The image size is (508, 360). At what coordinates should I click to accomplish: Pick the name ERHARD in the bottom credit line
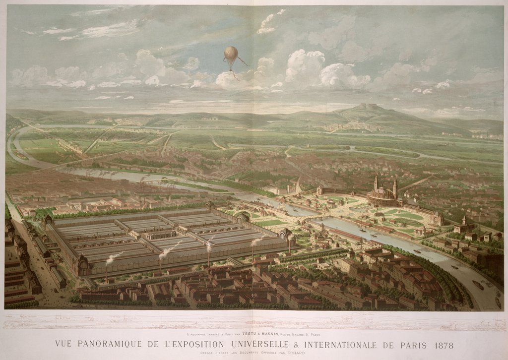pos(296,353)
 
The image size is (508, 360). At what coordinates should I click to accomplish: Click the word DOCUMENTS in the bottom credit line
pos(251,353)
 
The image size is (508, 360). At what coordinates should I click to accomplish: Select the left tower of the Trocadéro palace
pos(376,183)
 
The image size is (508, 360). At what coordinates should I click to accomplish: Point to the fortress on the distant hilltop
pos(368,106)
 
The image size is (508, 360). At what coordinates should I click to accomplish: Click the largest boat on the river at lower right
pos(478,285)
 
